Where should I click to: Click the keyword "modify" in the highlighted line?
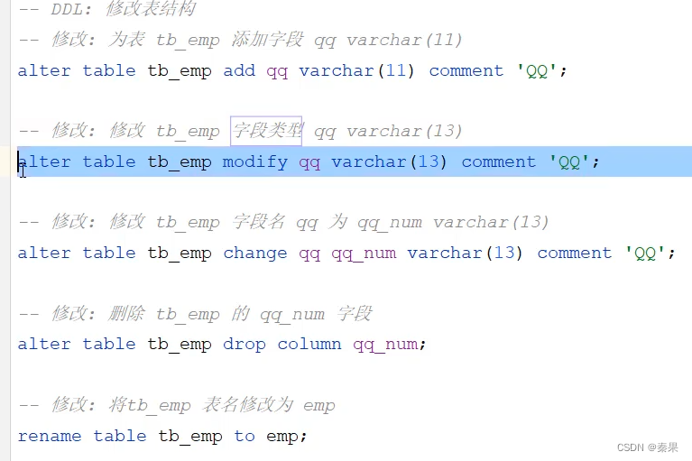pos(255,162)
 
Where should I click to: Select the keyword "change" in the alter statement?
pos(255,254)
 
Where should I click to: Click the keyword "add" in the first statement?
pos(239,71)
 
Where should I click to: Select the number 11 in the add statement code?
pos(396,71)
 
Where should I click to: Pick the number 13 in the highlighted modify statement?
pos(429,162)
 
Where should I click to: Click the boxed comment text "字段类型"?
pos(266,131)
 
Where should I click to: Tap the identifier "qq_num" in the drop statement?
pos(385,345)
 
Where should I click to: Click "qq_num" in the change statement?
pos(364,254)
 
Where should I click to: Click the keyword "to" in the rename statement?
pos(245,437)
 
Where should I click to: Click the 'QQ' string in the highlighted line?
pos(569,162)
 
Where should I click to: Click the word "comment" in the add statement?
pos(466,71)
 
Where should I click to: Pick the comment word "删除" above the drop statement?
pos(127,314)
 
